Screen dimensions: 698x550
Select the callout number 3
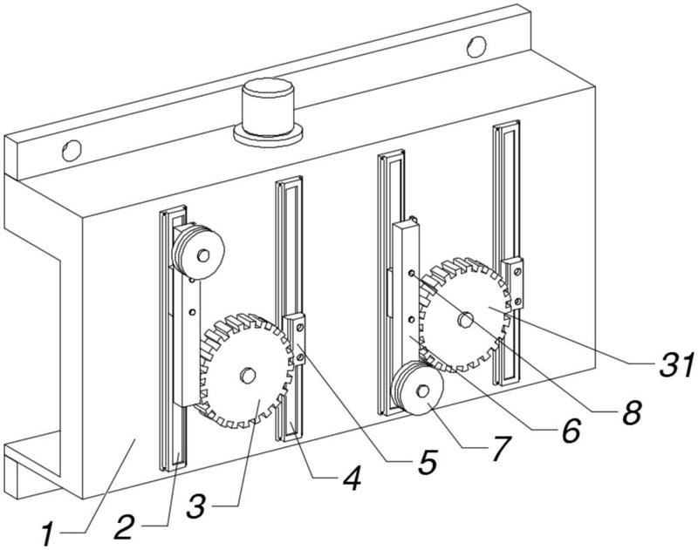tap(196, 507)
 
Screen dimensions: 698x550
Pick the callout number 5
tap(427, 461)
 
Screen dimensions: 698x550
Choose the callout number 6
tap(571, 431)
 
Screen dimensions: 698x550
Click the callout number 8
tap(631, 411)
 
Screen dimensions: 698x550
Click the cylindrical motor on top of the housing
tap(268, 112)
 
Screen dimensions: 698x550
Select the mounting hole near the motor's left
tap(72, 150)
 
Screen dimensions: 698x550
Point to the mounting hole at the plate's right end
tap(476, 46)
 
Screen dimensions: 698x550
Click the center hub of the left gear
tap(247, 376)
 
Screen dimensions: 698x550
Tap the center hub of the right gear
tap(466, 319)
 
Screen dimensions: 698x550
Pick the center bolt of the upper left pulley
tap(203, 255)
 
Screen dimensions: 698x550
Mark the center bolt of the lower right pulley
tap(423, 390)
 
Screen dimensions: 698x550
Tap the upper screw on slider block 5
tap(299, 328)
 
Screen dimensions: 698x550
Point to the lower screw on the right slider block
tap(517, 302)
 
